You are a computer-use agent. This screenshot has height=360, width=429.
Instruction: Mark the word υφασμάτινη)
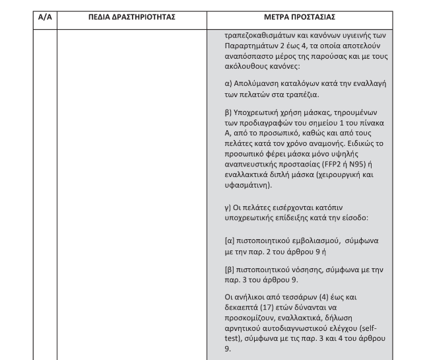click(248, 187)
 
